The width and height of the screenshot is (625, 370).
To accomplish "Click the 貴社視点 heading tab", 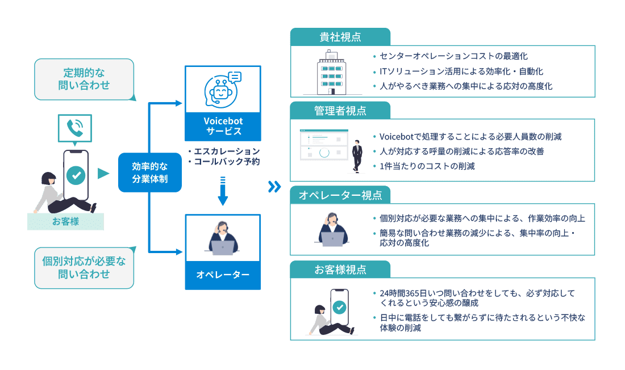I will point(340,37).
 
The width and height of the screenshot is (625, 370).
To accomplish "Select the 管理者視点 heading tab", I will point(340,110).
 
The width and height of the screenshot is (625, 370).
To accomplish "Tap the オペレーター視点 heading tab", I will point(340,195).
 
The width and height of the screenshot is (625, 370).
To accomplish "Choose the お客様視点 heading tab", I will point(340,270).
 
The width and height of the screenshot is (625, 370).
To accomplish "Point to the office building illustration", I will point(332,72).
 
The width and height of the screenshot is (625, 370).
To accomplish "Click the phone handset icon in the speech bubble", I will point(74,128).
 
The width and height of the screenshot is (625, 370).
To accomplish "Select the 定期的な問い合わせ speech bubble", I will point(84,79).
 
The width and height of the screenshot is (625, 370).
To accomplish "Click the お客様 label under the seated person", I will point(65,221).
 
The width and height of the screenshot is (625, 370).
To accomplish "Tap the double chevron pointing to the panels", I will point(274,187).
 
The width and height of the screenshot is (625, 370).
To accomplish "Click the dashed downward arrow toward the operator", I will point(223,191).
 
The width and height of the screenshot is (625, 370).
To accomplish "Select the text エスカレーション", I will point(226,152).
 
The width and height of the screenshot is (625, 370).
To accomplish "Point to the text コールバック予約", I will point(226,162).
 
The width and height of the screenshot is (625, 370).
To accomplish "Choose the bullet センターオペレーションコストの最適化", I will point(453,56).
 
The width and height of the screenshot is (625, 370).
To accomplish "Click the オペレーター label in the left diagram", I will point(223,275).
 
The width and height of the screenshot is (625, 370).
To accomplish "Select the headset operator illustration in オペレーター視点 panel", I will point(333,230).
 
